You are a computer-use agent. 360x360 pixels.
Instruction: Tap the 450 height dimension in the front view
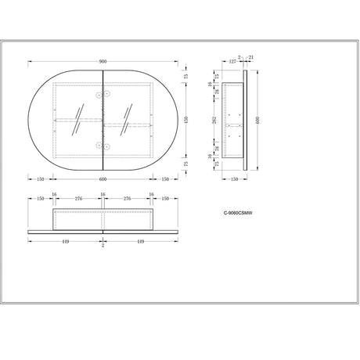pyautogui.click(x=185, y=119)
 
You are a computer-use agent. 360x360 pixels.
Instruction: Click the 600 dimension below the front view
pyautogui.click(x=103, y=178)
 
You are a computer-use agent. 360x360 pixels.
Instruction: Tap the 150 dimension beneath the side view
pyautogui.click(x=234, y=178)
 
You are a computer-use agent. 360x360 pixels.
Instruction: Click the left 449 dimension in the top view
pyautogui.click(x=66, y=241)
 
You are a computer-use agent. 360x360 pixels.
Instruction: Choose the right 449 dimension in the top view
pyautogui.click(x=139, y=241)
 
